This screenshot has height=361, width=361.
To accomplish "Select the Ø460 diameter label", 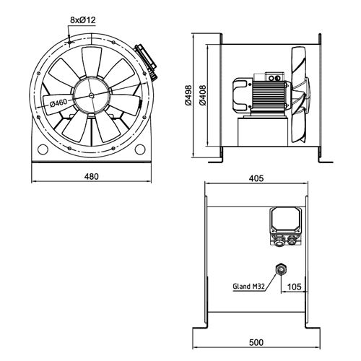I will [x=60, y=103].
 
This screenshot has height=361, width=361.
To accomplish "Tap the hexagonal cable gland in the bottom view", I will [x=279, y=270].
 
